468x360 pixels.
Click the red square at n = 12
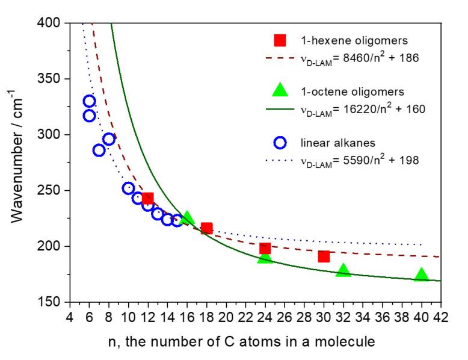click(147, 199)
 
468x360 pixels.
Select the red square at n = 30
click(324, 256)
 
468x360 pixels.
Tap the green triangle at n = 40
click(421, 275)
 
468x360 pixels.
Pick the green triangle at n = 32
click(343, 271)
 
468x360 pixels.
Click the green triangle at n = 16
click(187, 218)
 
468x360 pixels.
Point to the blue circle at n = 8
click(109, 139)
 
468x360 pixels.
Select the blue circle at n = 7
click(99, 151)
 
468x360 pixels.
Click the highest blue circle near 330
click(90, 101)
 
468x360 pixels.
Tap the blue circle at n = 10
click(128, 188)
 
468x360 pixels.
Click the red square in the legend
click(280, 41)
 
